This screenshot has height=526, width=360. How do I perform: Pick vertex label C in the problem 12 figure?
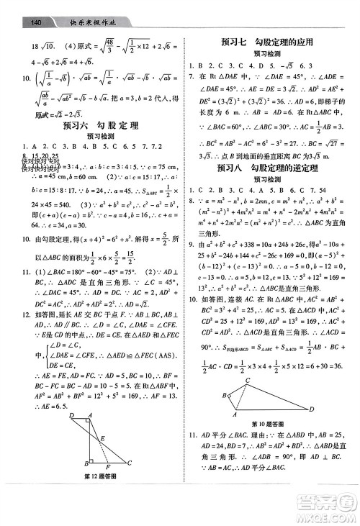(129, 463)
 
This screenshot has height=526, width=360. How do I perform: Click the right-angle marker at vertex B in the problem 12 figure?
(91, 461)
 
